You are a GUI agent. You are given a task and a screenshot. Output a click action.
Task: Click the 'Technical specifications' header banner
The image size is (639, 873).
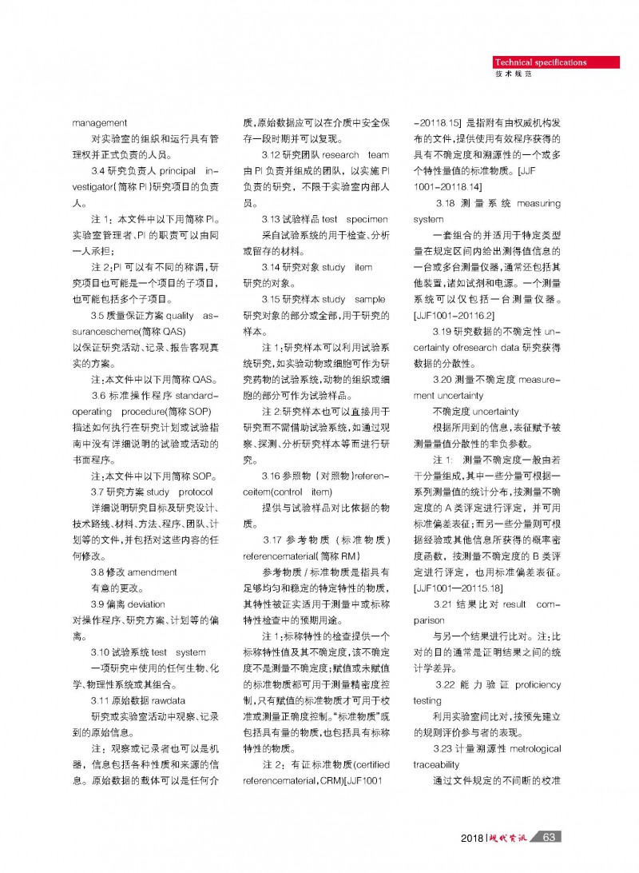[x=540, y=62]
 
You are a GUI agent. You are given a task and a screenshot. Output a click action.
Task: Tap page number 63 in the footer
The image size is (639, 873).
[x=549, y=837]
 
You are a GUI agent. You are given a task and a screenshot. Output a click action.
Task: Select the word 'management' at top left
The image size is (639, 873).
[x=99, y=123]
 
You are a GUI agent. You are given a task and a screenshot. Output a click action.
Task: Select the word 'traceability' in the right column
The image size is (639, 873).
[x=437, y=764]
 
